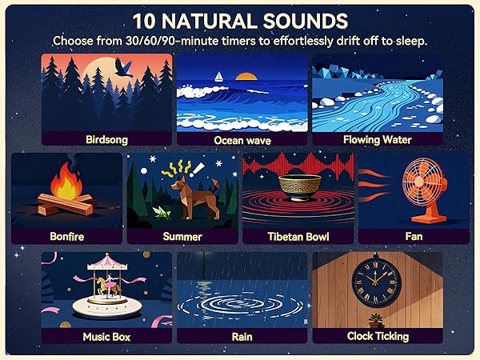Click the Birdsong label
[106, 139]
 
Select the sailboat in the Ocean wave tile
[217, 77]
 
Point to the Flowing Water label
[377, 139]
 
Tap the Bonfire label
[67, 237]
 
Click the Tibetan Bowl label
[298, 237]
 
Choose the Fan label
[413, 237]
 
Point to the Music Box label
[106, 337]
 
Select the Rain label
[242, 337]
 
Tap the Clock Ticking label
[378, 337]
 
